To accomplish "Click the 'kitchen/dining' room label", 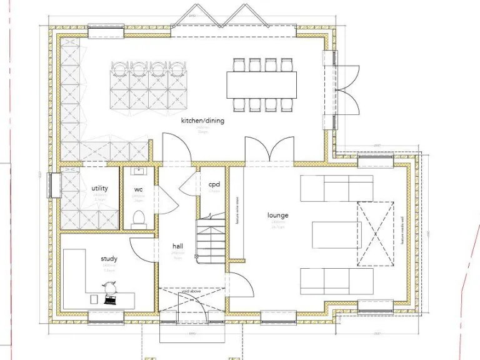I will coord(202,121).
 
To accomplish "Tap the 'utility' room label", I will coord(99,188).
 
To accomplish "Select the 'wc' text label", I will coord(139,189).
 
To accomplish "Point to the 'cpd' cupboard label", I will coord(214,184).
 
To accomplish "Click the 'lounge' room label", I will coord(277,216).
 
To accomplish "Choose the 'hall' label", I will coord(177,246).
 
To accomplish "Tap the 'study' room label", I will coord(109,259).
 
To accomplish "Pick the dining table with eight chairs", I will coord(262,84).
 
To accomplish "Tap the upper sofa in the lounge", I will coord(336,188).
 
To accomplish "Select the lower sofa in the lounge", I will coord(336,281).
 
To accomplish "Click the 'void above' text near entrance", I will coord(191,292).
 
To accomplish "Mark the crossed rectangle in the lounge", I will coord(376,232).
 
